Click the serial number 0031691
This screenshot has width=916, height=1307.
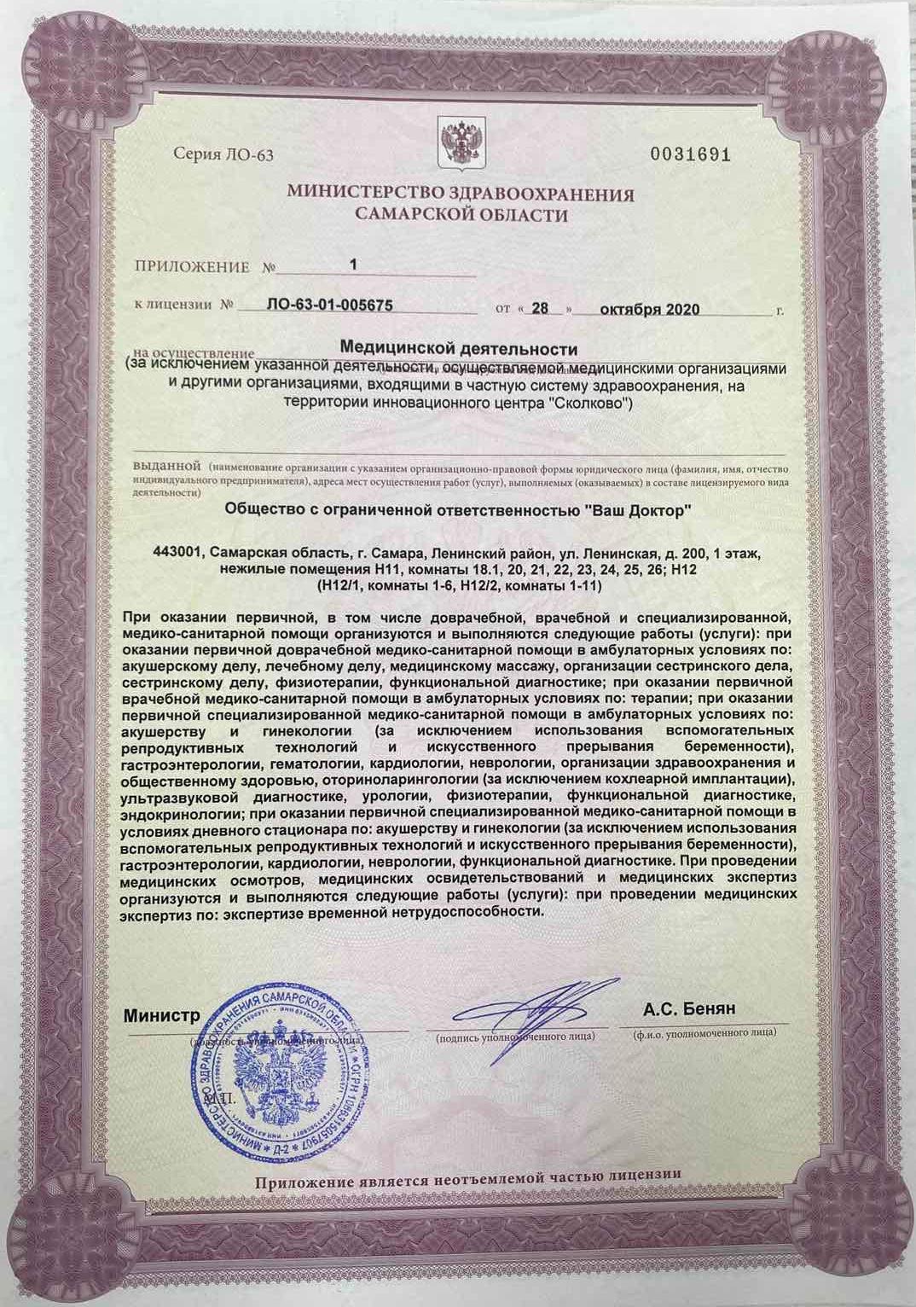[x=691, y=154]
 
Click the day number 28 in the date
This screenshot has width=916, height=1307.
[x=539, y=308]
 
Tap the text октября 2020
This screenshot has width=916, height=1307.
[x=650, y=309]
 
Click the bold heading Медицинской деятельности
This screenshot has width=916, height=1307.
[x=459, y=349]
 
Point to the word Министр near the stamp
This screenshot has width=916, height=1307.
[x=162, y=1016]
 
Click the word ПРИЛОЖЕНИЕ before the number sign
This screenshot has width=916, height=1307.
[x=193, y=267]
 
